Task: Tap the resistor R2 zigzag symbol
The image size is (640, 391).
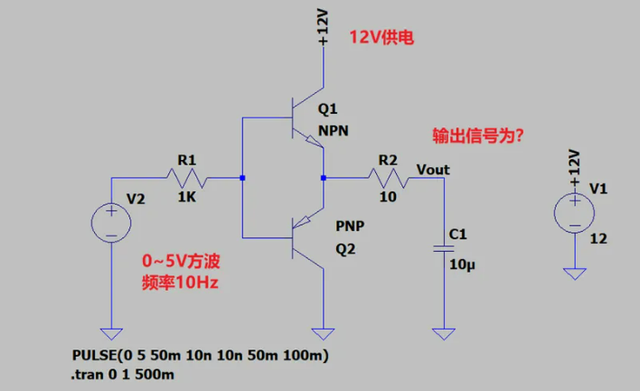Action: click(x=388, y=178)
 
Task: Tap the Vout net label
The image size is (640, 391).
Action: click(x=432, y=169)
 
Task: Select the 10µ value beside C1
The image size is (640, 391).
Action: click(x=461, y=265)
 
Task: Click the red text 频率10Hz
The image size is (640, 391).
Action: click(x=181, y=283)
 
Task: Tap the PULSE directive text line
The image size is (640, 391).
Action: click(x=199, y=356)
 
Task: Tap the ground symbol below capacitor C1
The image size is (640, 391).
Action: click(x=443, y=334)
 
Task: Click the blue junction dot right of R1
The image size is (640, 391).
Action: click(x=242, y=178)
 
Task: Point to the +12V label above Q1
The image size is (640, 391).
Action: click(x=324, y=28)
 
